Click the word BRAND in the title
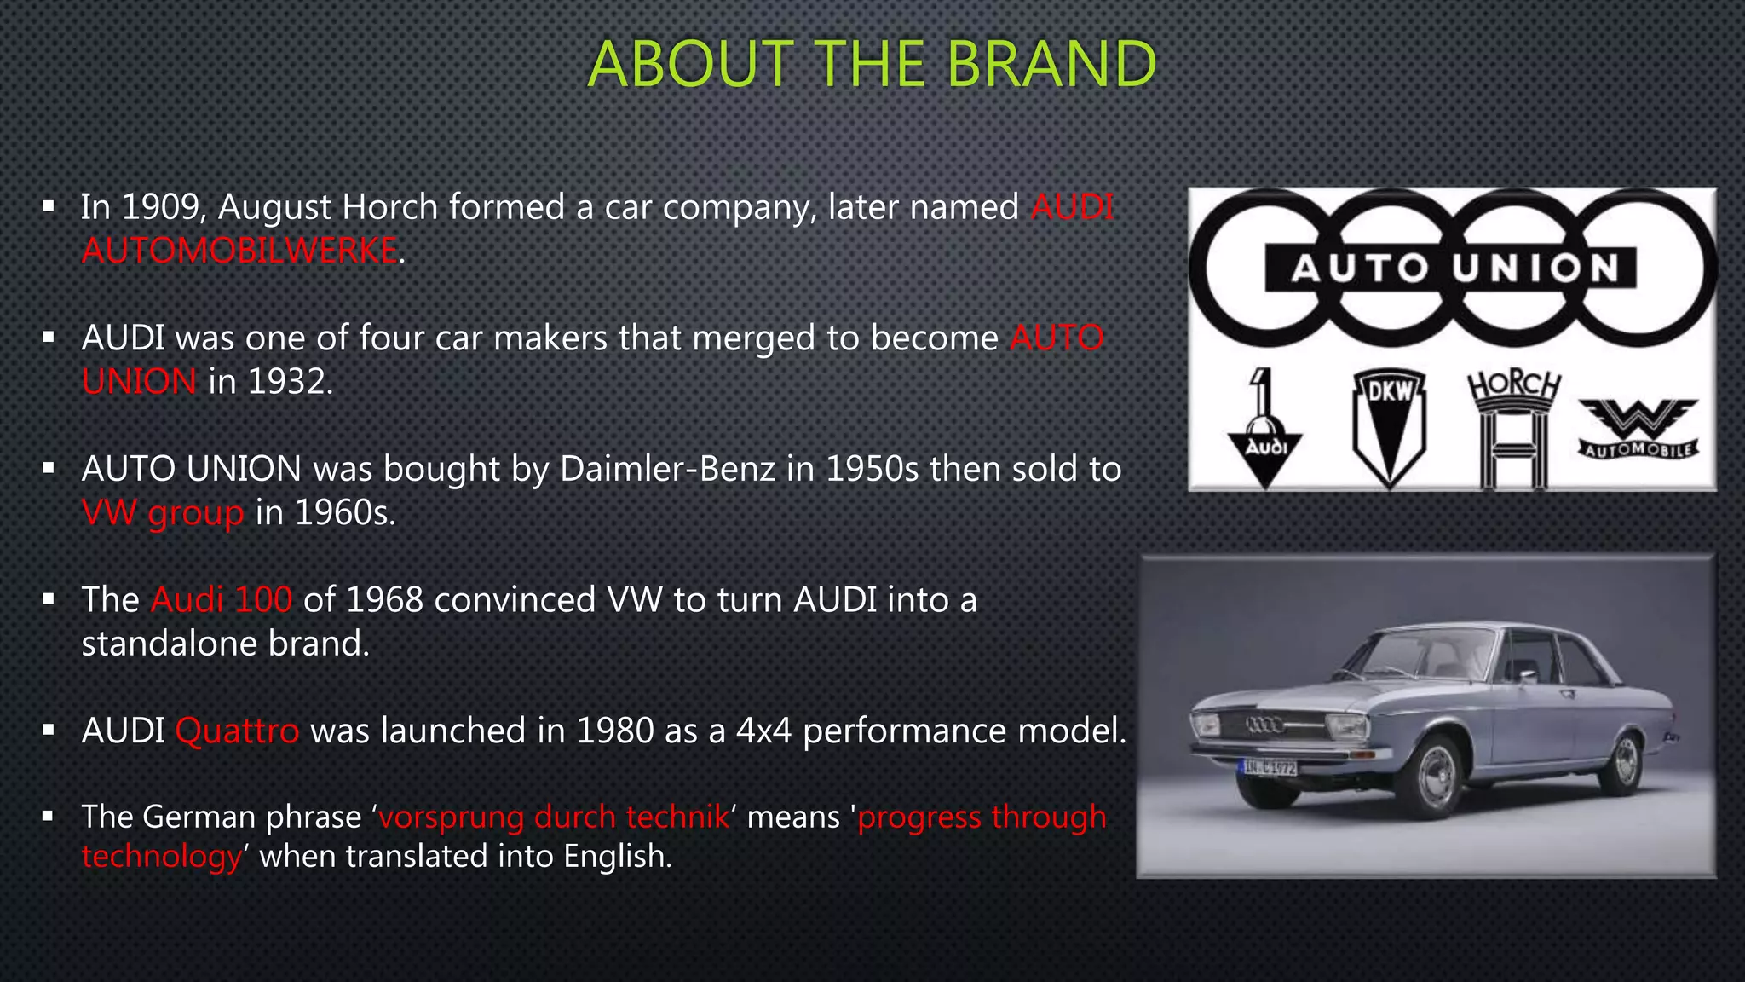click(x=1051, y=65)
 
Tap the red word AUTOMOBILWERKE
click(x=239, y=251)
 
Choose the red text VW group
click(x=163, y=513)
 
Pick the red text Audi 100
click(x=222, y=600)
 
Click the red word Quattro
click(x=237, y=731)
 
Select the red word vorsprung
click(x=451, y=817)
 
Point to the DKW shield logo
click(x=1389, y=426)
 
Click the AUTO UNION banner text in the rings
click(x=1453, y=269)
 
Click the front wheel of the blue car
click(x=1434, y=774)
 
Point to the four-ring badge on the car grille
click(x=1265, y=725)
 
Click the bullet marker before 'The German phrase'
click(x=49, y=817)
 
